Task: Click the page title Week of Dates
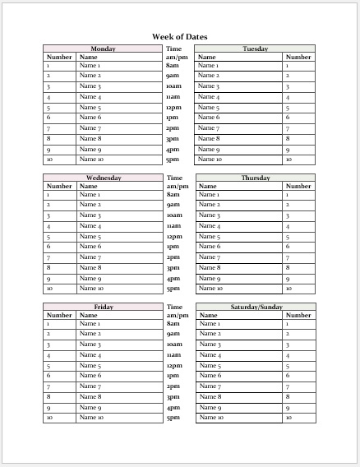click(179, 36)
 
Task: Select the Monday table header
click(103, 49)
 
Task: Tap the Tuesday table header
click(255, 49)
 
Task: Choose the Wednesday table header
click(103, 178)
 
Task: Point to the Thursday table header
click(255, 178)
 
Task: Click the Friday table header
click(103, 307)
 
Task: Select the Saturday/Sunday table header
click(255, 307)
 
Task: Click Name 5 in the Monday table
click(90, 108)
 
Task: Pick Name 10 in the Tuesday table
click(210, 160)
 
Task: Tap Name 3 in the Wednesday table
click(90, 215)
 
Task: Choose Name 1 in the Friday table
click(90, 324)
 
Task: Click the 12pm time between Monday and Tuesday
click(173, 108)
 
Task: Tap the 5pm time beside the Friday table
click(173, 418)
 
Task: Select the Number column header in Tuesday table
click(298, 57)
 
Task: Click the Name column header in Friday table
click(88, 315)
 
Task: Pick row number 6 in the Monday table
click(48, 118)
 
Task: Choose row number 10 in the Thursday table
click(288, 289)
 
